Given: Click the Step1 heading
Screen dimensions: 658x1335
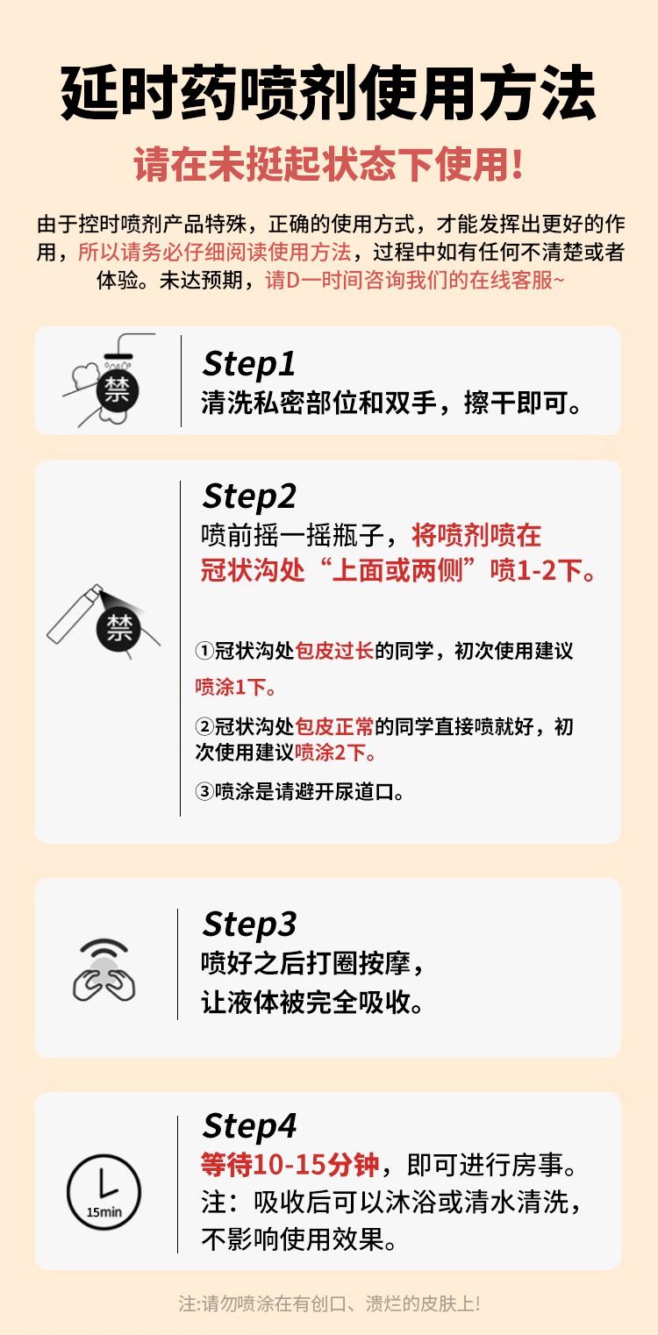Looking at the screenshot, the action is click(248, 363).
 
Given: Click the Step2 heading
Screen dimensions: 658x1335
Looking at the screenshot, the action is click(249, 496).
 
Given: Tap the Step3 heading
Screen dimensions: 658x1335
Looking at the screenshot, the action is click(249, 925).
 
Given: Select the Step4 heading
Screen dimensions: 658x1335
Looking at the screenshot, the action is click(249, 1126).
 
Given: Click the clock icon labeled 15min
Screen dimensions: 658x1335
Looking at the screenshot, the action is click(104, 1192).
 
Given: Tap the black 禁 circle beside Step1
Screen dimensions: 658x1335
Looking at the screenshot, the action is click(118, 391).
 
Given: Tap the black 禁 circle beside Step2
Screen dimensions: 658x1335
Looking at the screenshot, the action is click(118, 628).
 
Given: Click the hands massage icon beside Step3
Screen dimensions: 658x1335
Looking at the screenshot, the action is click(104, 970).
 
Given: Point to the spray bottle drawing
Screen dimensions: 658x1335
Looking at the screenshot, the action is click(74, 614).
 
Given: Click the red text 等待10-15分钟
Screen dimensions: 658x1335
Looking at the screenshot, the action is click(290, 1165).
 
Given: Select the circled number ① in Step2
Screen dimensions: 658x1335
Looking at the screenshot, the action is click(204, 650).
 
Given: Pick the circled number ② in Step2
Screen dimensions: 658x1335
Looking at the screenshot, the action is click(204, 726).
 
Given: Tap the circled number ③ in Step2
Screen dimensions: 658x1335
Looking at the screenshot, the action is click(204, 791).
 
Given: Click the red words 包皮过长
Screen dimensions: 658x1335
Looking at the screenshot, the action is click(334, 650).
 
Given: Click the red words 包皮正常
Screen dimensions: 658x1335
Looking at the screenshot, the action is click(334, 726).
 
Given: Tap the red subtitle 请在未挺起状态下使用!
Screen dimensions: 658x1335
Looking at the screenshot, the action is click(328, 164).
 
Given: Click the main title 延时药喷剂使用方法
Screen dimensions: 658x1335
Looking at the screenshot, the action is click(328, 92).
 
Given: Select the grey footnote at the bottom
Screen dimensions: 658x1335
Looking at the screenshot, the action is click(329, 1303).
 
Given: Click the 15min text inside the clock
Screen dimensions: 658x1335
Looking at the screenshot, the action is click(104, 1212).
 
